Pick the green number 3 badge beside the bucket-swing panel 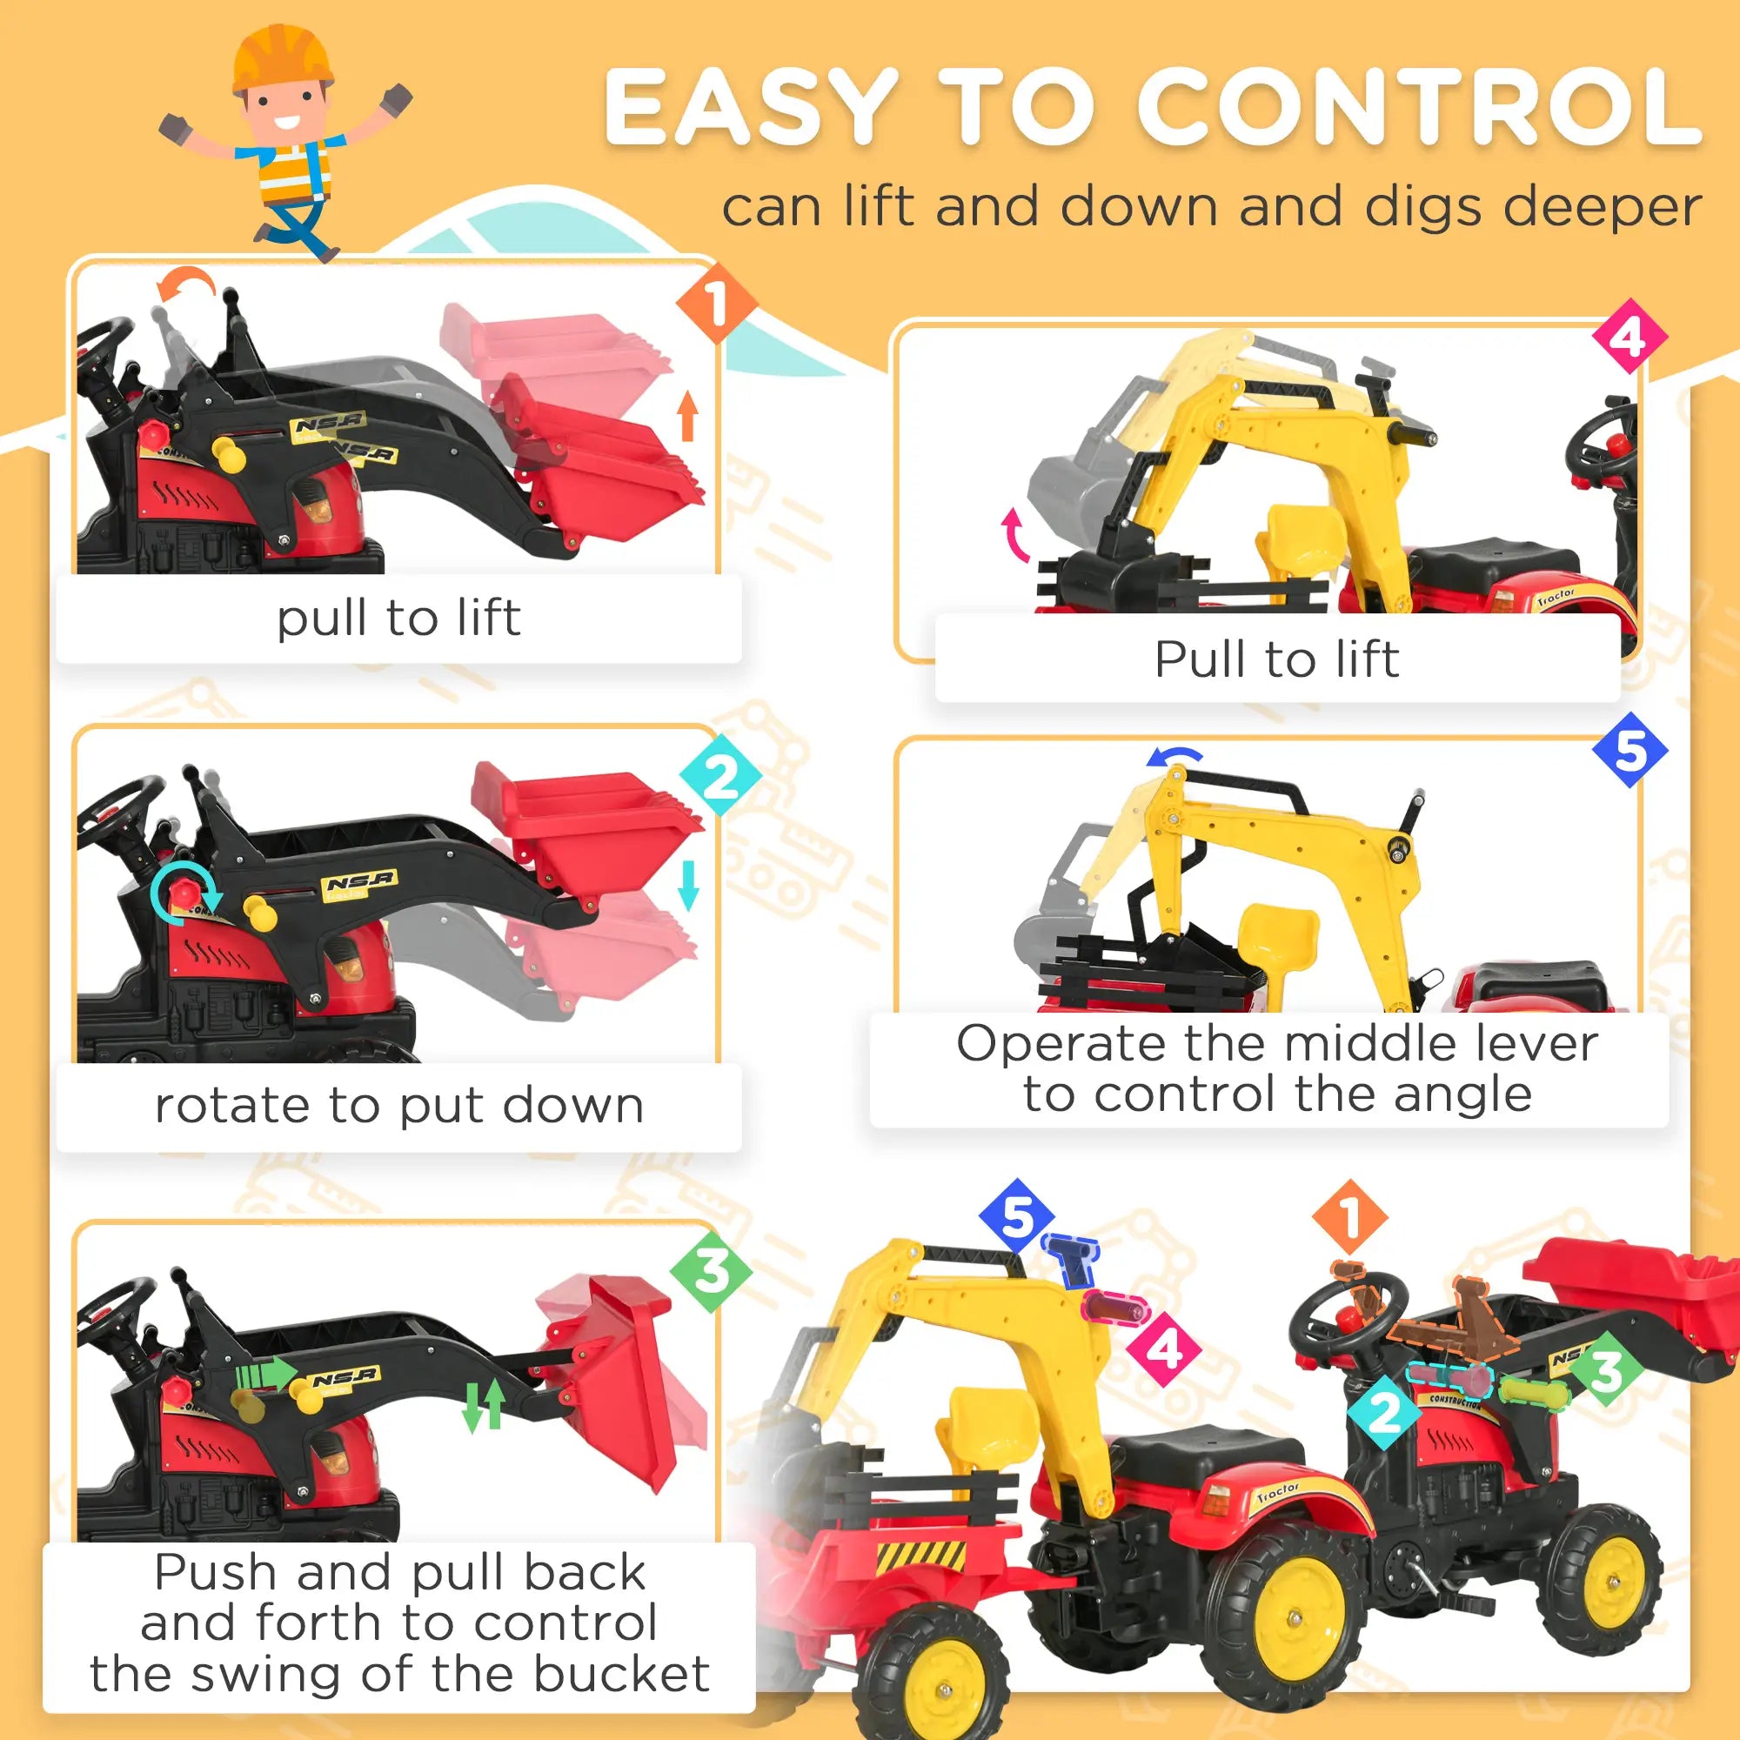[711, 1272]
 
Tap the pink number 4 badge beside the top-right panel [1629, 337]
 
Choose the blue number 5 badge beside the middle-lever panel [1630, 750]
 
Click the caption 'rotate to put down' [399, 1106]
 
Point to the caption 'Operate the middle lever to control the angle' [1277, 1069]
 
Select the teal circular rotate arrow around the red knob [184, 894]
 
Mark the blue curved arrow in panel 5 [1175, 758]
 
